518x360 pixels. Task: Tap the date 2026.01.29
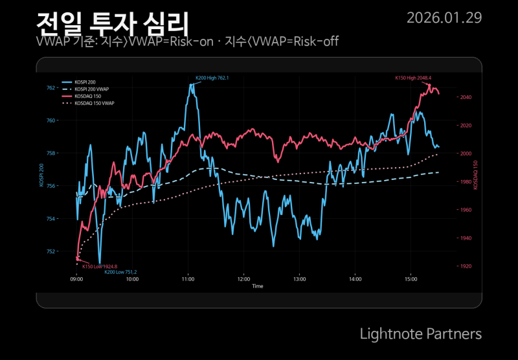(444, 17)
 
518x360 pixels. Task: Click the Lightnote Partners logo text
(420, 333)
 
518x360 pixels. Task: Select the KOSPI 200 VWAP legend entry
(91, 89)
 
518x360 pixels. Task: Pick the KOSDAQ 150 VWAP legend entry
(94, 103)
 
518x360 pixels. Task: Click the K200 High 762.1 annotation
(212, 78)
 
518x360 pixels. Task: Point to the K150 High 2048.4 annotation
(413, 78)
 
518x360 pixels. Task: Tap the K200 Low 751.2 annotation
(120, 272)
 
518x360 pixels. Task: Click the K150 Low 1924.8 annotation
(100, 266)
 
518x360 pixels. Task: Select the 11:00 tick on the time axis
(188, 279)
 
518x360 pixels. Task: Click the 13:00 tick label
(300, 279)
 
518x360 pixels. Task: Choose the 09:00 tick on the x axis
(76, 279)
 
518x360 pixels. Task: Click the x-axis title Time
(258, 286)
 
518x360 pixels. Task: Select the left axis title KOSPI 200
(42, 175)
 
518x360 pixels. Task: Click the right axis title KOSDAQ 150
(476, 175)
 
